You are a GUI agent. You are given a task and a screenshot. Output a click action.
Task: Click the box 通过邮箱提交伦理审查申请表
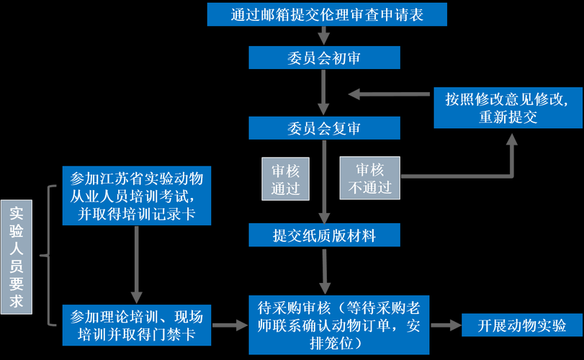pos(327,14)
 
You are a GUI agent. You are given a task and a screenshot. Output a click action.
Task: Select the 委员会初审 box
pos(324,58)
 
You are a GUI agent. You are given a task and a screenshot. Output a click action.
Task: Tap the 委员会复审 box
pos(324,128)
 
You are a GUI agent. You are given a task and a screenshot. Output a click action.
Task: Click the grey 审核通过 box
pos(285,179)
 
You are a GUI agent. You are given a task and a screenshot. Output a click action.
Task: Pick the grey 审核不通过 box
pos(369,179)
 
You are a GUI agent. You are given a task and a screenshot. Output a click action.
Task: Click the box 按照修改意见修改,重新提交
pos(508,108)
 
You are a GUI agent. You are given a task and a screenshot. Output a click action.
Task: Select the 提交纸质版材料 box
pos(324,234)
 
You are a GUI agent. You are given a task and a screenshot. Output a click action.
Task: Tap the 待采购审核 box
pos(340,324)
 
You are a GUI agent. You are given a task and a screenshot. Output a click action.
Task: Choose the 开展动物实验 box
pos(521,325)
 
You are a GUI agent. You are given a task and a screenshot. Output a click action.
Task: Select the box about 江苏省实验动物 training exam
pos(137,195)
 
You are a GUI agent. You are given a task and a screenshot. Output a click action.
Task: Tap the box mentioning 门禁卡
pos(137,325)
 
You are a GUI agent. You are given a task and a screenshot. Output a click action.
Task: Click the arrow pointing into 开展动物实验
pos(446,325)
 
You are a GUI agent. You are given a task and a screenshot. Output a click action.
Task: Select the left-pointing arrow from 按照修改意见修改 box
pos(389,94)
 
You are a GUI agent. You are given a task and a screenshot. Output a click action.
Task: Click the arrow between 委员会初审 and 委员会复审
pos(324,92)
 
